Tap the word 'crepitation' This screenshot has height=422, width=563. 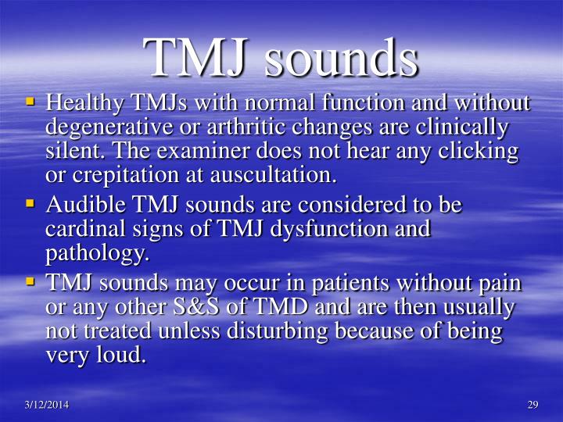click(x=115, y=176)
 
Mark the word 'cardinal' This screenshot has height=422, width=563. click(x=81, y=229)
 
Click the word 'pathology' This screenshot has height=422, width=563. click(x=95, y=254)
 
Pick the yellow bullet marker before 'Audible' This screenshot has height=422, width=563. click(x=31, y=203)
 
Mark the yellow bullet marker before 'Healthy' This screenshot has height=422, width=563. click(x=31, y=102)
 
